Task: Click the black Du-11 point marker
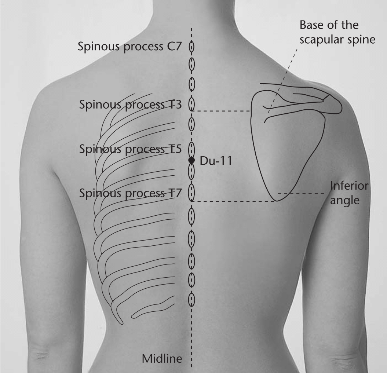pos(191,160)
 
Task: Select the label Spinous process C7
pos(130,47)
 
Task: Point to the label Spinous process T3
pos(130,105)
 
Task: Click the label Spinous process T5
pos(130,149)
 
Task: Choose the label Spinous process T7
pos(130,193)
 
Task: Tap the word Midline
pos(162,358)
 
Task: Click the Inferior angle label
pos(349,193)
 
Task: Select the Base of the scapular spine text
pos(337,32)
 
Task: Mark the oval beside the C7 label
pos(191,46)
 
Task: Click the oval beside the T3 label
pos(191,104)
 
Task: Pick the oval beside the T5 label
pos(191,149)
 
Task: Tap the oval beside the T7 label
pos(191,193)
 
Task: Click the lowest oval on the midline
pos(191,300)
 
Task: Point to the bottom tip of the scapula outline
pos(277,201)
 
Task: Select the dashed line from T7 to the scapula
pos(233,202)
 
